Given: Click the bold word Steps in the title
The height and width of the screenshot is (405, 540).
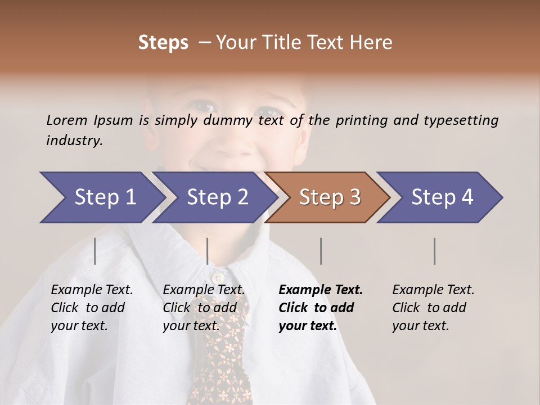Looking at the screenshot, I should tap(163, 43).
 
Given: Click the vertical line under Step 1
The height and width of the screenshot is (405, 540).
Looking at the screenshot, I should tap(94, 251).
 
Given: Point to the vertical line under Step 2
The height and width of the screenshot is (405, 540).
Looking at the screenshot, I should tap(208, 251).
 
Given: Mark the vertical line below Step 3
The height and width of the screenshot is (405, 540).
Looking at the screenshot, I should tap(321, 251).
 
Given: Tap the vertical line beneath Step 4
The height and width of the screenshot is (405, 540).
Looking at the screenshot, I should tap(434, 251).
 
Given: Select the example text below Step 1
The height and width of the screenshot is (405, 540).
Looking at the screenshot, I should tap(92, 308).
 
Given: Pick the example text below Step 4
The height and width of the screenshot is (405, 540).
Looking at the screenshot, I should tap(433, 308).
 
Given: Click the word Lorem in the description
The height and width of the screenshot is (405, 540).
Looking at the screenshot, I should tap(67, 120).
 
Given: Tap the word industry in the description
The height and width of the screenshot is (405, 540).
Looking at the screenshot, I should tap(74, 141).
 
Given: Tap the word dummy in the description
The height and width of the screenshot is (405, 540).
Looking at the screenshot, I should tap(231, 120).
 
